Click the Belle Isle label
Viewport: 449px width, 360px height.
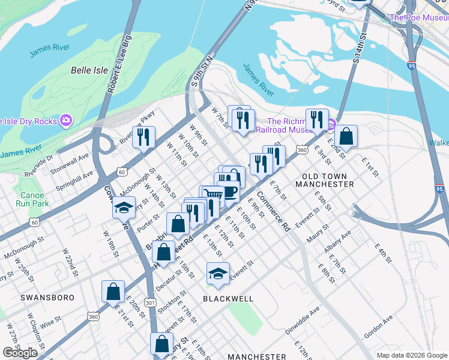[x=89, y=70]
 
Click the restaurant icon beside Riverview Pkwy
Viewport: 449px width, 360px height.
[x=143, y=137]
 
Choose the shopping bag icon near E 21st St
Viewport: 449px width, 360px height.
[x=113, y=292]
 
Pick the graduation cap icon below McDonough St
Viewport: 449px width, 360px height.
[x=123, y=208]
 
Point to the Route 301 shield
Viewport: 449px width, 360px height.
[x=150, y=303]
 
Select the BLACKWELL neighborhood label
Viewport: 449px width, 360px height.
[x=228, y=298]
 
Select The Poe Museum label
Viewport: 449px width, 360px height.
[x=418, y=17]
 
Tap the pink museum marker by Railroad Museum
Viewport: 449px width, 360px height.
[x=331, y=125]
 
